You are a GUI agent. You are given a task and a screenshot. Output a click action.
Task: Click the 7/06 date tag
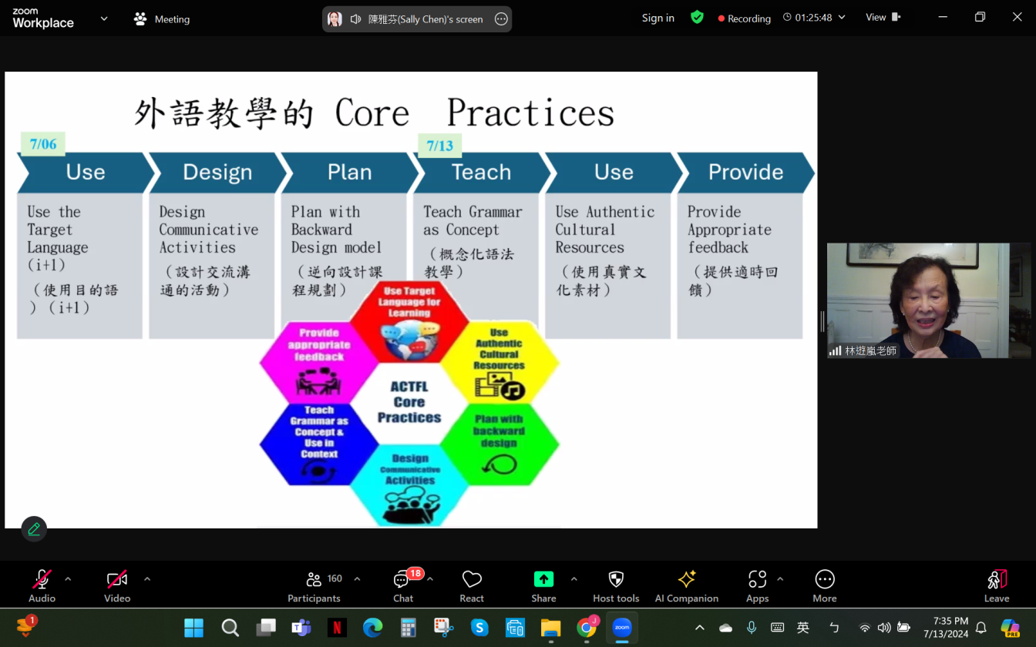coord(43,144)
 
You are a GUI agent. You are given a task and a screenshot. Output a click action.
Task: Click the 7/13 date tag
coord(439,146)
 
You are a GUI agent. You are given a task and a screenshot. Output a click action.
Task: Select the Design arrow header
coord(217,173)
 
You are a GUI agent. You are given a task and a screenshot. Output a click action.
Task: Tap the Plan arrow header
coord(349,173)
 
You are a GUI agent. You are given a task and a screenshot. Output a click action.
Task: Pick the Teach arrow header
coord(481,173)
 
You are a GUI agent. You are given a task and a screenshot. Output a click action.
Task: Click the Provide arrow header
coord(745,173)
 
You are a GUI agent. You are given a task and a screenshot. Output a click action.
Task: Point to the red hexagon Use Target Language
coord(409,320)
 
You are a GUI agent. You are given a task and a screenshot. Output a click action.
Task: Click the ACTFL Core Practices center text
coord(409,402)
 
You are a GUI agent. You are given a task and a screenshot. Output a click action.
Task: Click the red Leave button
coord(996,585)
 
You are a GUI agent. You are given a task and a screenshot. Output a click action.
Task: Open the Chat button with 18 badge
coord(402,585)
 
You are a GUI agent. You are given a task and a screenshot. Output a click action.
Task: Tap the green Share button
coord(543,585)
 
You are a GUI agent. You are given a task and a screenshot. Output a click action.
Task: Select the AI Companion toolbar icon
coord(686,585)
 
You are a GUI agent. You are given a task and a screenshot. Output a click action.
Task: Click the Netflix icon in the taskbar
coord(337,628)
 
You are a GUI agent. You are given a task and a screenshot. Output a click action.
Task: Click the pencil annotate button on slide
coord(34,529)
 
